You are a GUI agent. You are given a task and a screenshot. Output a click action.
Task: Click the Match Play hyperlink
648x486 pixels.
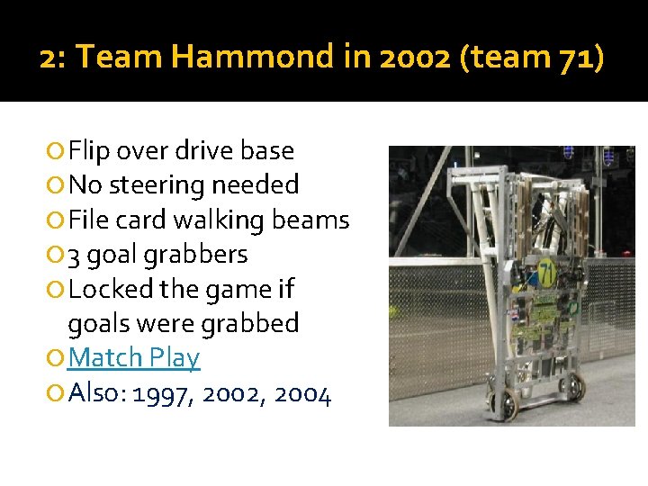[x=134, y=357]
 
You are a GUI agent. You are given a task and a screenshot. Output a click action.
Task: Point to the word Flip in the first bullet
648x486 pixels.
[x=88, y=150]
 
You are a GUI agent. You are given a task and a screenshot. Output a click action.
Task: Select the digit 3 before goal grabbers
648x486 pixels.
[x=75, y=255]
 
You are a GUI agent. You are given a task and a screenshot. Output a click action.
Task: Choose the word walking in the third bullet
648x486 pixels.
[x=220, y=220]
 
